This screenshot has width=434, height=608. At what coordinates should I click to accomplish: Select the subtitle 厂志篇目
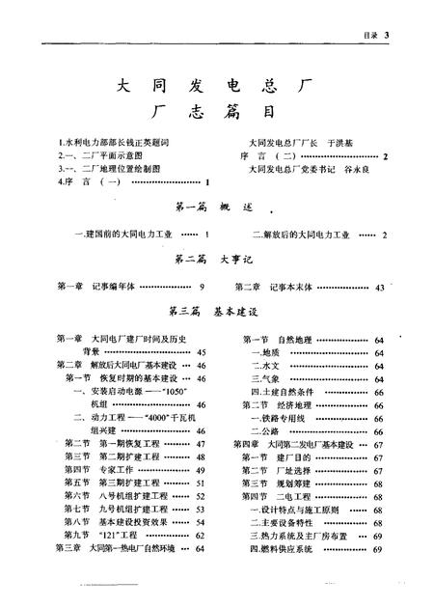pos(215,114)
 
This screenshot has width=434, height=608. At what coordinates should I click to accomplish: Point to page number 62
pos(202,534)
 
